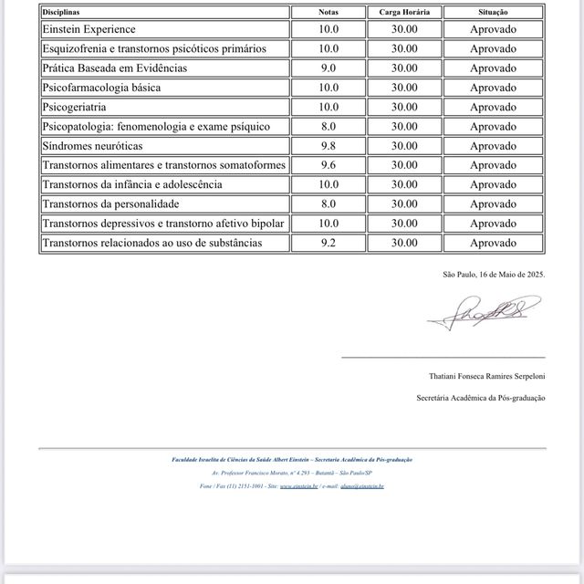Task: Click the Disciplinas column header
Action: tap(61, 13)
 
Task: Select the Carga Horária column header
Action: tap(404, 13)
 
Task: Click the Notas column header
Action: tap(328, 13)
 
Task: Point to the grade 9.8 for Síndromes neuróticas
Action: tap(328, 146)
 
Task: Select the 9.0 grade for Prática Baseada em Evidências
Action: tap(328, 68)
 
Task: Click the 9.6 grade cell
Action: tap(328, 165)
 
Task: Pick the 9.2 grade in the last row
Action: tap(328, 243)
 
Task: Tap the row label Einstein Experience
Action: tap(89, 29)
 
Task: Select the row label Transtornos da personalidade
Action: tap(110, 204)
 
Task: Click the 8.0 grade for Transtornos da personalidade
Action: tap(328, 204)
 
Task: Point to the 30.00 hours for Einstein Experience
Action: tap(404, 29)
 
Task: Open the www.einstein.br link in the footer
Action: tap(298, 486)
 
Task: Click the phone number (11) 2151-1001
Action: tap(245, 486)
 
